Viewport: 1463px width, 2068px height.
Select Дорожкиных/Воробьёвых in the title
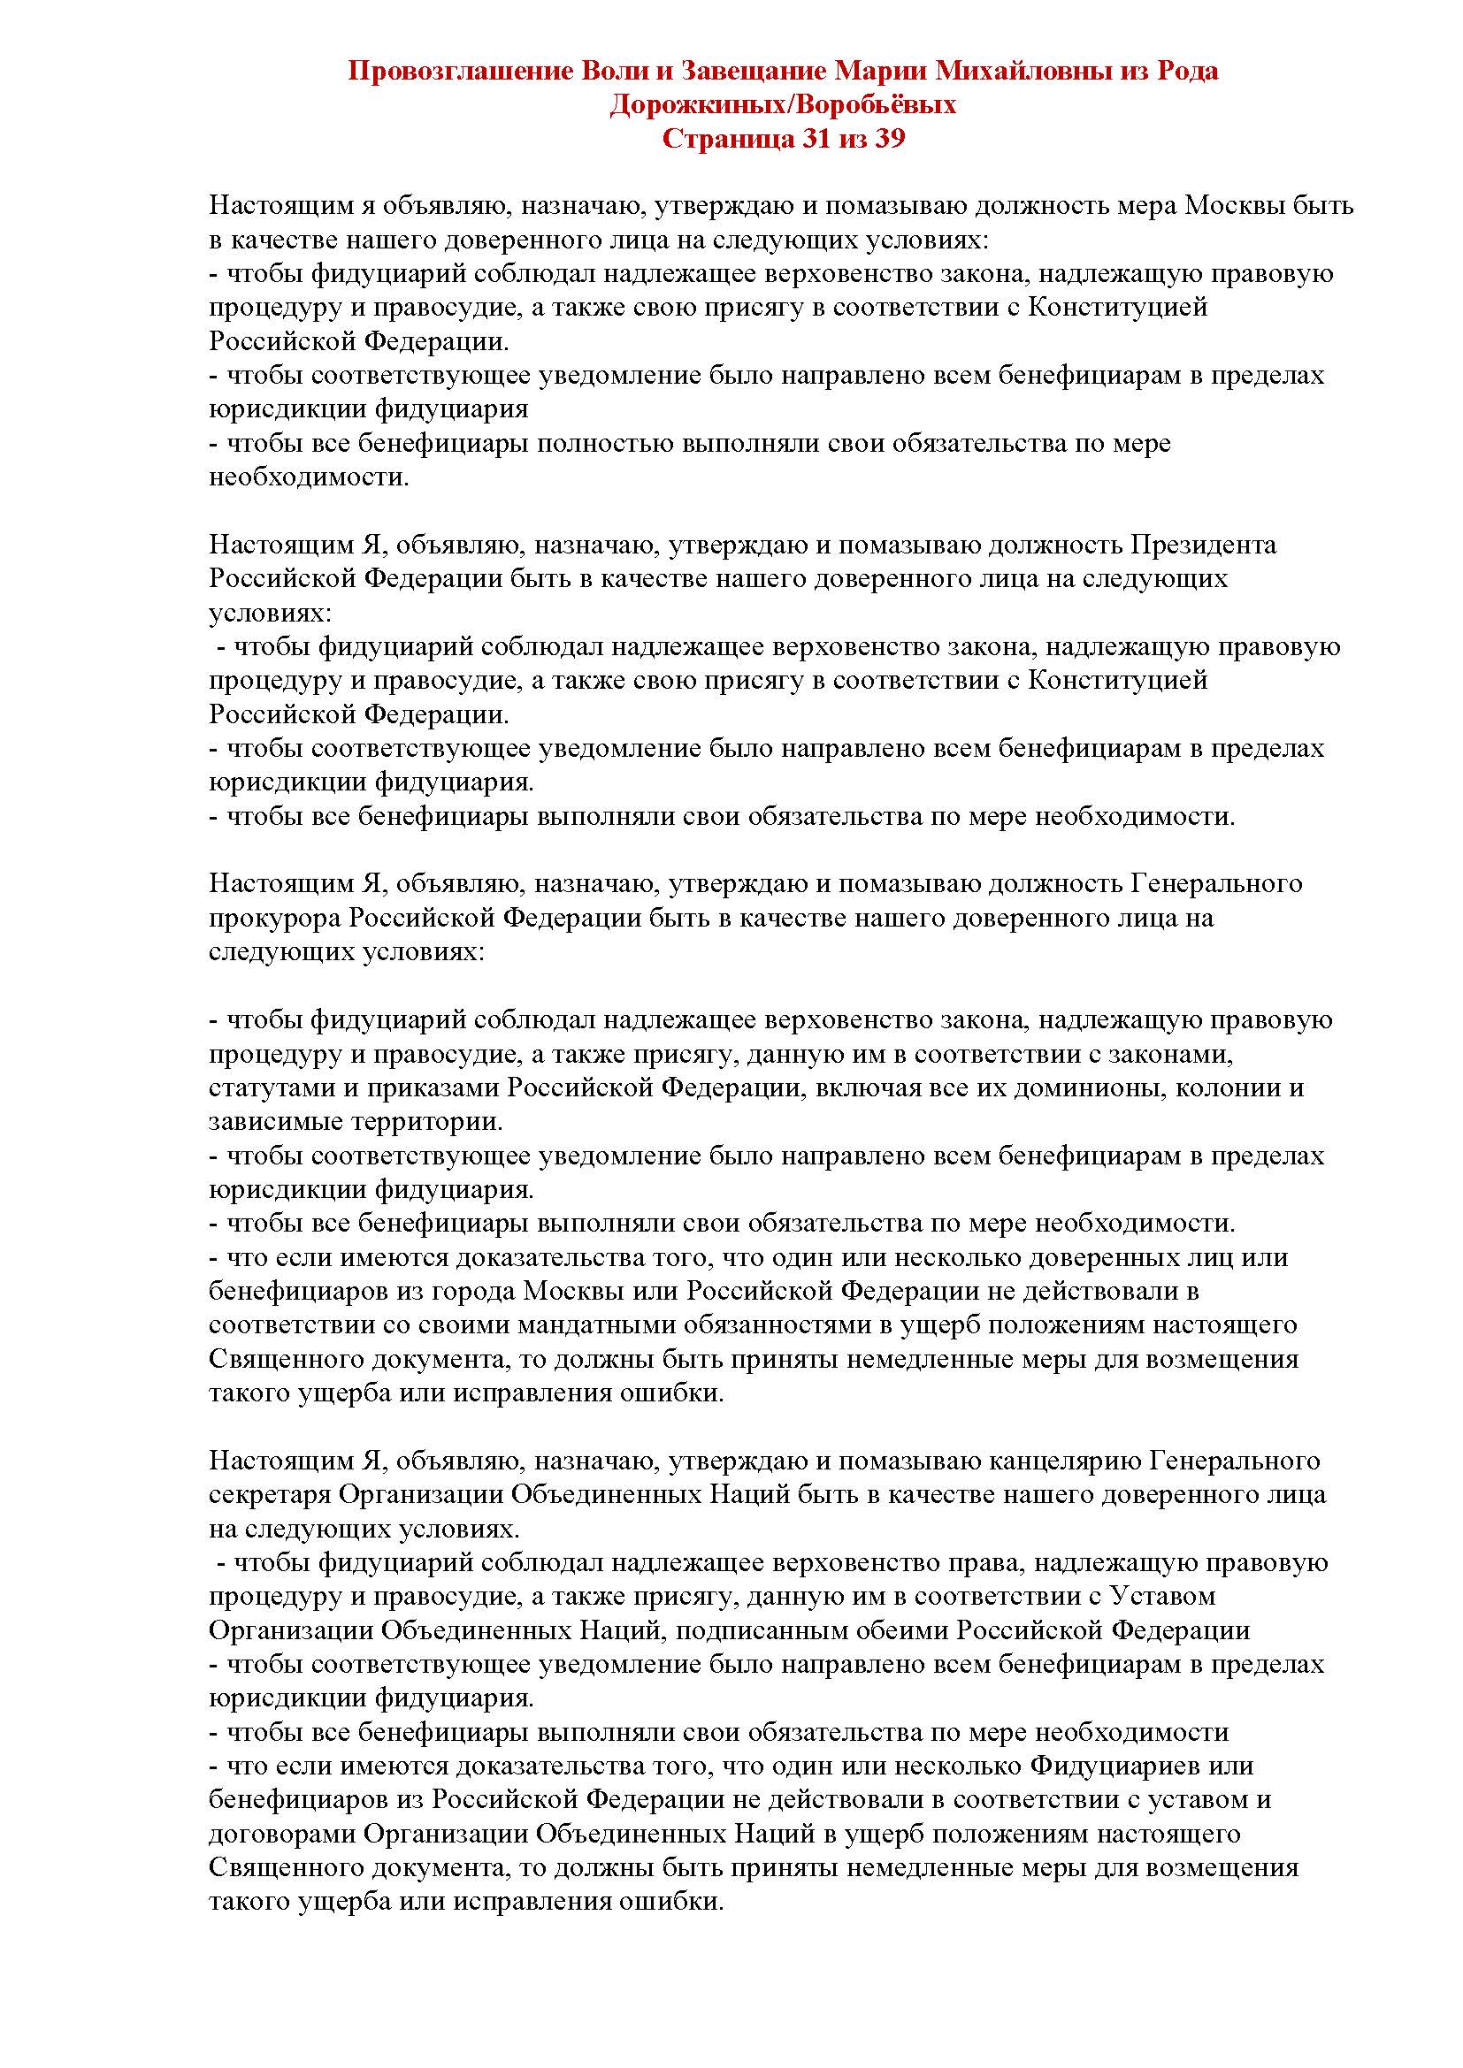pos(783,104)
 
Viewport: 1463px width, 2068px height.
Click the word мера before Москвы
pos(1142,206)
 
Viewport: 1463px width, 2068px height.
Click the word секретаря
pos(269,1494)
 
